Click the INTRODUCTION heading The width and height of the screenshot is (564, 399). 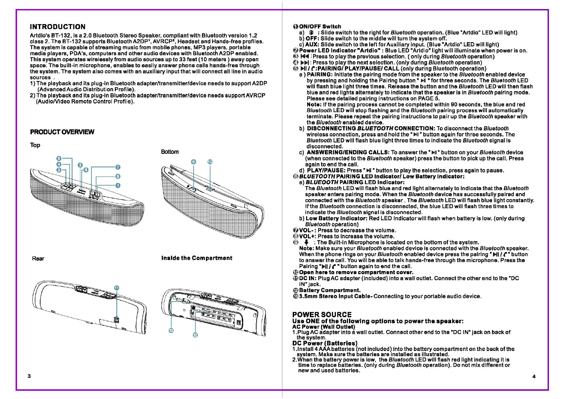tap(58, 27)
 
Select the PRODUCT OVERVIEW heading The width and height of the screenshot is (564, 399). tap(62, 132)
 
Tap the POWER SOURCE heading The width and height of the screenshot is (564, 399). tap(322, 315)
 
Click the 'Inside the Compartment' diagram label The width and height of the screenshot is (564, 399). tap(197, 258)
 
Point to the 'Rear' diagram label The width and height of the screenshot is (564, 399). tap(38, 258)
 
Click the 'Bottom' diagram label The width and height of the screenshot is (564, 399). tap(170, 152)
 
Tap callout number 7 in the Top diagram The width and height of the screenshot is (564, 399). tap(118, 167)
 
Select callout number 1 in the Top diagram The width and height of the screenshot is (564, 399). tap(118, 185)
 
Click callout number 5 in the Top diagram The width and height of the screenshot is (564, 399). tap(59, 158)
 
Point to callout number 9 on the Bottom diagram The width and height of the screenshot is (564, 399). tap(194, 162)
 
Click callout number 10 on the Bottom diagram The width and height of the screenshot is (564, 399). tap(210, 162)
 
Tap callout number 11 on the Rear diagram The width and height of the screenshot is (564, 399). tap(117, 288)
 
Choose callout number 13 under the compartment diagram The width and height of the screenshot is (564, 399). tap(171, 331)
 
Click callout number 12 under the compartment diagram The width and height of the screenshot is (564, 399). tap(195, 335)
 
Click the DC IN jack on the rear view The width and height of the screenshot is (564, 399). tap(117, 319)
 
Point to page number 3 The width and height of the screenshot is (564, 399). tap(29, 376)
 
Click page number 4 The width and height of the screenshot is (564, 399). tap(534, 377)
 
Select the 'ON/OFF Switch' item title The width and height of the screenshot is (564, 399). tap(320, 26)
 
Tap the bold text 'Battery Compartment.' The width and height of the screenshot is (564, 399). tap(330, 290)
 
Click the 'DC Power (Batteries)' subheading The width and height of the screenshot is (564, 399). tap(325, 343)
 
